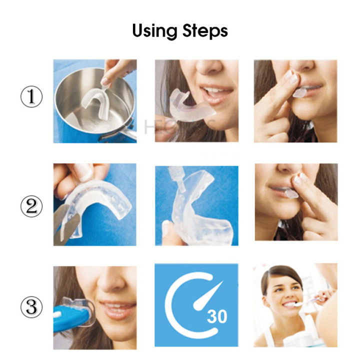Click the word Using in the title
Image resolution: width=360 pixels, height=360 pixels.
coord(155,31)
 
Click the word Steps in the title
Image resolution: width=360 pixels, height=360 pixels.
coord(204,31)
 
